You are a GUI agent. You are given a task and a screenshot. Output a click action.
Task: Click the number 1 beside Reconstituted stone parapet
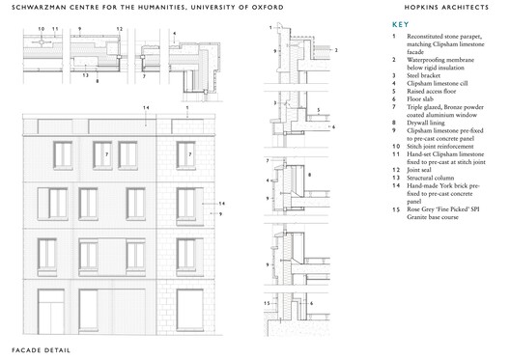pyautogui.click(x=394, y=37)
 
